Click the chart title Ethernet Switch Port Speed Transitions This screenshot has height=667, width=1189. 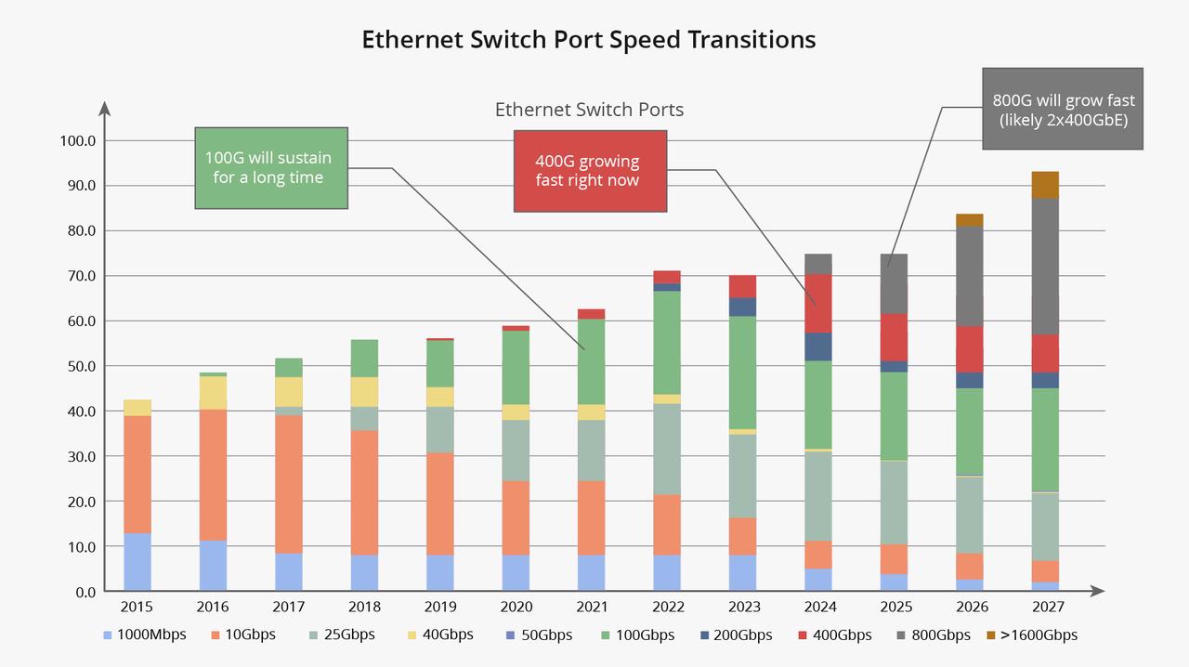coord(588,40)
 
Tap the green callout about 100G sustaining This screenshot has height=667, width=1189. coord(271,168)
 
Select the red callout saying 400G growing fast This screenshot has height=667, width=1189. coord(590,171)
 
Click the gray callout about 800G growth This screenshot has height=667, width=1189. coord(1063,109)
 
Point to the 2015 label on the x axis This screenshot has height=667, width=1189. coord(137,607)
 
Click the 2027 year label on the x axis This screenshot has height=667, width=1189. coord(1045,607)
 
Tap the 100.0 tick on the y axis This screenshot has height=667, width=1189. coord(78,140)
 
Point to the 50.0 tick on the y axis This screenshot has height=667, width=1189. coord(78,366)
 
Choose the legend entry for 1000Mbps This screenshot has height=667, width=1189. coord(144,635)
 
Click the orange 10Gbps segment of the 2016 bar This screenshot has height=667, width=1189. coord(213,474)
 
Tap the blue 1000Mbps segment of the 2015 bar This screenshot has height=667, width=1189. coord(137,562)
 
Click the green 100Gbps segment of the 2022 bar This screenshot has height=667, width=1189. coord(667,342)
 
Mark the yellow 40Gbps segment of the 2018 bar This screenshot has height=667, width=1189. coord(364,392)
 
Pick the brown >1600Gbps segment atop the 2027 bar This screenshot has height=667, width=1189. coord(1045,185)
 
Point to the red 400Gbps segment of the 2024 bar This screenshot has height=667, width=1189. coord(818,303)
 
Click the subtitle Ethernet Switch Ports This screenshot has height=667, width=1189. coord(589,110)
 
